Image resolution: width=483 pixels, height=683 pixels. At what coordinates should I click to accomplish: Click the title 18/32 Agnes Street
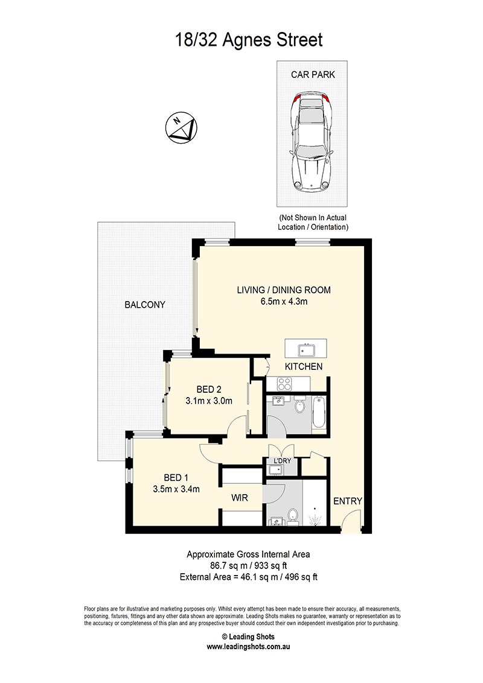249,40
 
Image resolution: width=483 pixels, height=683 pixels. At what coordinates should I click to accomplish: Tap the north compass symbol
181,128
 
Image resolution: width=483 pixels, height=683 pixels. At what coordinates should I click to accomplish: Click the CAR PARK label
313,74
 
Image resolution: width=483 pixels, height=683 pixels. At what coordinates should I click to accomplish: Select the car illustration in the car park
313,142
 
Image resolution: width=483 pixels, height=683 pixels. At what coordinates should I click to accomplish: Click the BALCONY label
145,305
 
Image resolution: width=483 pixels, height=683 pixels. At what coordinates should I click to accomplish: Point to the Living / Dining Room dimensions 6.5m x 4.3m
284,302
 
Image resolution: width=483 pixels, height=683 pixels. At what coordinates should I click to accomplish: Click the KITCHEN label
304,367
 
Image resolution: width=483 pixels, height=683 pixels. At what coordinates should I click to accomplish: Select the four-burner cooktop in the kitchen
284,384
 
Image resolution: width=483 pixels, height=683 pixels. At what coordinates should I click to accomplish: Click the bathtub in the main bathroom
319,412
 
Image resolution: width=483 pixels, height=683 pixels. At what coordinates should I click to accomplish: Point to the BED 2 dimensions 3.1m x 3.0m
209,401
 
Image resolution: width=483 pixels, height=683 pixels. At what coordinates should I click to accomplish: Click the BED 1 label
176,478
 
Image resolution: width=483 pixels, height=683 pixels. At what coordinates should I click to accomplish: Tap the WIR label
240,497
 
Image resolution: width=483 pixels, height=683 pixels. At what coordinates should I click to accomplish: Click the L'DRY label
282,461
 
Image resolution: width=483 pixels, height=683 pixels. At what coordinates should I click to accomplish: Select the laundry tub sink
275,469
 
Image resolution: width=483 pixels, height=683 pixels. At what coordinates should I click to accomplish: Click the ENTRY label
347,501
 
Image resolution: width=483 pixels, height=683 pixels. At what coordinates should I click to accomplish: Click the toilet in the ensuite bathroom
292,514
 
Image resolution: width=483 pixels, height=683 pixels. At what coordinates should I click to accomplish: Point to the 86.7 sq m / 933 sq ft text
249,566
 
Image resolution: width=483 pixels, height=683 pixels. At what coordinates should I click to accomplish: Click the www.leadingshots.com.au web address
248,646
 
